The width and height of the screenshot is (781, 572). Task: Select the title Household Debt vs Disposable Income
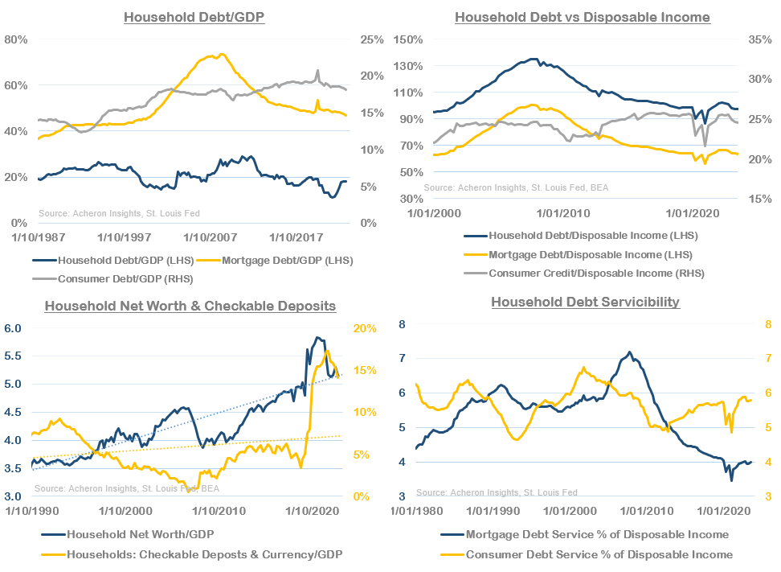[583, 17]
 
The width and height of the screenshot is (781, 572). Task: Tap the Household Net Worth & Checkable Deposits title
[190, 306]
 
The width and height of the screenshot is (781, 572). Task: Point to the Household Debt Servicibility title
[586, 302]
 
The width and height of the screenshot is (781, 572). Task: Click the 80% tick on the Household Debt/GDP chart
[17, 39]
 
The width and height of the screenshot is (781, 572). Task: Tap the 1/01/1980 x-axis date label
[415, 511]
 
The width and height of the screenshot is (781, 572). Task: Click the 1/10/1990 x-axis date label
[32, 511]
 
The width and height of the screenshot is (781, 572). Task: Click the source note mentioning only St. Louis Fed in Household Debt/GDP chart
[119, 213]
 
